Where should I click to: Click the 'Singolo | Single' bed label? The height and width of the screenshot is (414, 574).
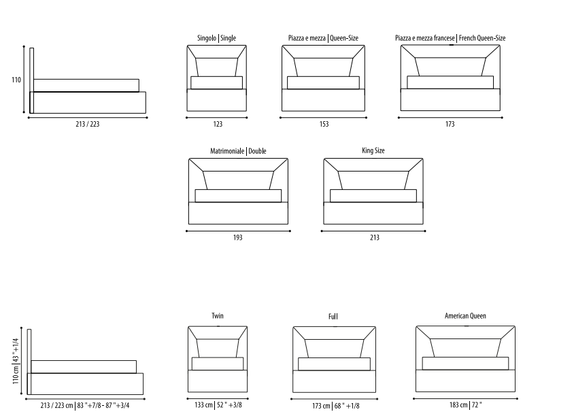[216, 38]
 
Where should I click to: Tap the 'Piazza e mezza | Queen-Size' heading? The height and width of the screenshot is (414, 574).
[323, 38]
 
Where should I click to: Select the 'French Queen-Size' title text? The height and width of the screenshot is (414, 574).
[482, 38]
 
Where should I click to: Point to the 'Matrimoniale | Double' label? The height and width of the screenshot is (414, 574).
[238, 151]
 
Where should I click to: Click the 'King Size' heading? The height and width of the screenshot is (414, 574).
[373, 150]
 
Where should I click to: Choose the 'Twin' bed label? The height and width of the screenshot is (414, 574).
[218, 316]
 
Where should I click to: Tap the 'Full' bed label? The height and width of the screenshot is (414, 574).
[333, 317]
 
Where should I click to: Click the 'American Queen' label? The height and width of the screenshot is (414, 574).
[465, 316]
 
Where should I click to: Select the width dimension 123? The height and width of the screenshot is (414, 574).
[218, 124]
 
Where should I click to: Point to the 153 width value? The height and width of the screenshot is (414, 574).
[324, 124]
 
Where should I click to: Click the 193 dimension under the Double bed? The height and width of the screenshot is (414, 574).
[237, 238]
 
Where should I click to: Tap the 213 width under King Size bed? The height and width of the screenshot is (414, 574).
[375, 238]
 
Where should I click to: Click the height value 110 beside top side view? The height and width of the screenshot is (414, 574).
[16, 80]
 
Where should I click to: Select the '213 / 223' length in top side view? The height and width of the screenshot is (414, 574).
[88, 124]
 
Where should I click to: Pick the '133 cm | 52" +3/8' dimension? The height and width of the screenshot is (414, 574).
[218, 405]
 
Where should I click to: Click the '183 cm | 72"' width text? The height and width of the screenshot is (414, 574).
[466, 405]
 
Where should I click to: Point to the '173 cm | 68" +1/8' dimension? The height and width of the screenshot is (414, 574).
[336, 406]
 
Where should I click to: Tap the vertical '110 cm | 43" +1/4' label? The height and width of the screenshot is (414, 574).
[16, 361]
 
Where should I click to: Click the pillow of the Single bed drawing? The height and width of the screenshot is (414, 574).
[216, 82]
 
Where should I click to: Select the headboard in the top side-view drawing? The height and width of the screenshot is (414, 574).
[32, 80]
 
